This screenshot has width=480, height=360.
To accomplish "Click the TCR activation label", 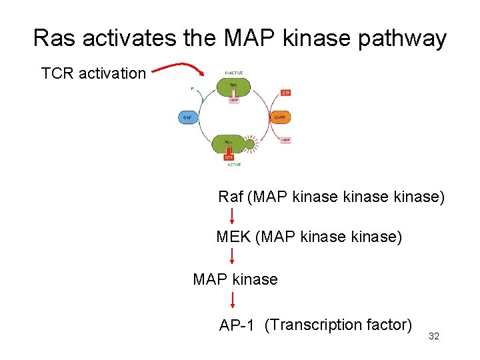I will coord(93,73).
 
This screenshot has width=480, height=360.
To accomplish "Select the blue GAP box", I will coord(186,118).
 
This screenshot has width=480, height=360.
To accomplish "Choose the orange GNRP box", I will coord(280,118).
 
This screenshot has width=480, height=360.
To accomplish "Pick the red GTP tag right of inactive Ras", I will coord(285,93).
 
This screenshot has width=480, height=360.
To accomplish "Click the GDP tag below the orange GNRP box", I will coord(285,140).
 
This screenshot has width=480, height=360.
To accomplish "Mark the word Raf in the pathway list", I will coord(231,197).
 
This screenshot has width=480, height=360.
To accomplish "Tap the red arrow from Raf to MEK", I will coord(232,216).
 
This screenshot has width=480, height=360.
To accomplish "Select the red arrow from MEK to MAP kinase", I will coord(232,256).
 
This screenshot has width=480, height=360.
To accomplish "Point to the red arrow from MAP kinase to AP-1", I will coord(232,299).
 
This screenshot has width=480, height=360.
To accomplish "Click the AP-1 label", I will coord(237,326).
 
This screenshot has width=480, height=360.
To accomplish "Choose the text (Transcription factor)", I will coord(337,325).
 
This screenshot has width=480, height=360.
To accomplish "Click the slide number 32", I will coord(433,337).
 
